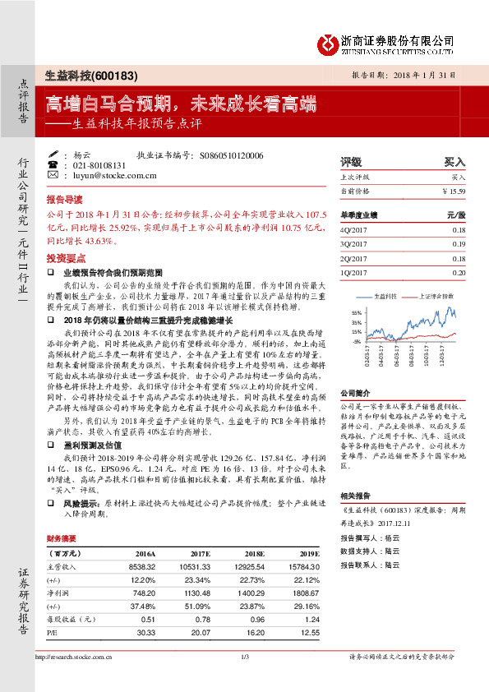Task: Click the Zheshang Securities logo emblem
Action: click(x=330, y=40)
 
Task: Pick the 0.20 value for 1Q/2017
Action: click(x=459, y=271)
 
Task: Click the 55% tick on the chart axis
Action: click(x=356, y=313)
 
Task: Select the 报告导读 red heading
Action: click(x=64, y=200)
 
